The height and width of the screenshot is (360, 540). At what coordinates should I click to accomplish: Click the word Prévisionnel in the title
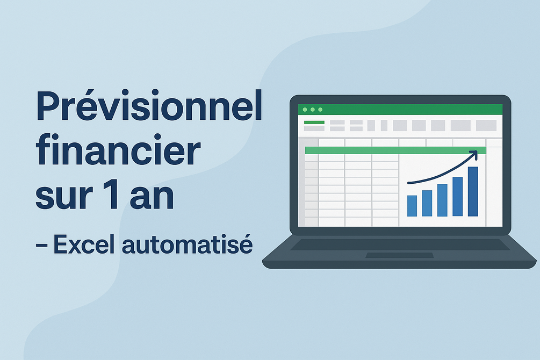tap(149, 105)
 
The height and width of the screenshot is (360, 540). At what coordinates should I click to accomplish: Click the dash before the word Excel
tap(42, 245)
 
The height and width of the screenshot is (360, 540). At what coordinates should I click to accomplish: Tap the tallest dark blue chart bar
tap(473, 191)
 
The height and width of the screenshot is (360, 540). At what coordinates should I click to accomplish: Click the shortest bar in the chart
tap(412, 206)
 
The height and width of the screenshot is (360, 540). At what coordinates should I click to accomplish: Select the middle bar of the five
tap(442, 200)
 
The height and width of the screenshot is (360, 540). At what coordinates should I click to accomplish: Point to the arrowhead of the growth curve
tap(474, 154)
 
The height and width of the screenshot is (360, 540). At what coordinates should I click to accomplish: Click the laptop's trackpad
tap(399, 255)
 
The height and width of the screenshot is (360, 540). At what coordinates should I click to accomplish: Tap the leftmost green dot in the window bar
tap(305, 110)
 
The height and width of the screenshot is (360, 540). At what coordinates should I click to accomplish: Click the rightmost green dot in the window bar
tap(320, 110)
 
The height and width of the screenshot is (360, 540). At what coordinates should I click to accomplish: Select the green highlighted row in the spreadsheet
tap(395, 150)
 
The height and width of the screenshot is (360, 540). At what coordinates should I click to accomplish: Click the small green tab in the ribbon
tap(314, 123)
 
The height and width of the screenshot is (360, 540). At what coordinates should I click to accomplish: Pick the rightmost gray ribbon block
tap(486, 125)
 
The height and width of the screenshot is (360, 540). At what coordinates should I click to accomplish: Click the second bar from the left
tap(427, 203)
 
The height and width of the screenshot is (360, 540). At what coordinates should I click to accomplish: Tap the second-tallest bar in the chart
tap(457, 197)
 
